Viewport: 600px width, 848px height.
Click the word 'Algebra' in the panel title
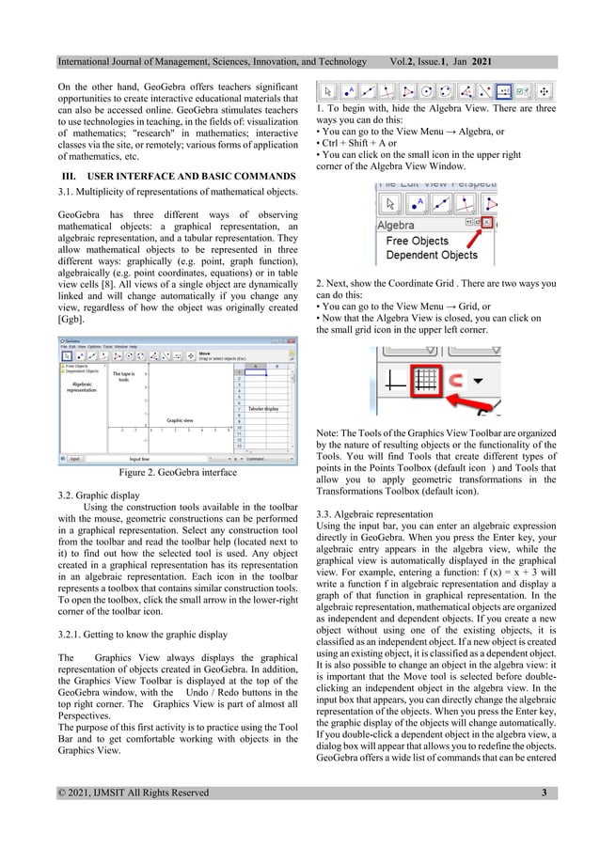point(403,226)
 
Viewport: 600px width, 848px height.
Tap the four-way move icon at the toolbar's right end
point(544,92)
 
